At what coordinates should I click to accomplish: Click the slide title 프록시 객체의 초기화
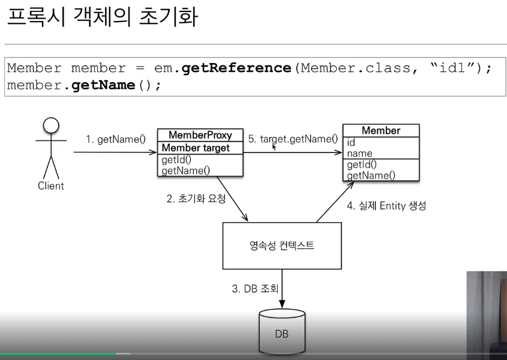click(x=102, y=17)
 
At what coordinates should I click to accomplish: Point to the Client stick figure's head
click(x=51, y=125)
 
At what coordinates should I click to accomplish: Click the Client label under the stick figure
click(x=51, y=186)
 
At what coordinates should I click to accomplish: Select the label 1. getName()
click(x=115, y=139)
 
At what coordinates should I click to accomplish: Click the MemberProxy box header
click(x=200, y=135)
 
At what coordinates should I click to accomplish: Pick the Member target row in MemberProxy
click(x=196, y=148)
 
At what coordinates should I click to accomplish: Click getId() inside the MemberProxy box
click(x=176, y=160)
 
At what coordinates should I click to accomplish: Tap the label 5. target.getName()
click(x=293, y=139)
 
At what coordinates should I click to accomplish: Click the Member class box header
click(x=380, y=131)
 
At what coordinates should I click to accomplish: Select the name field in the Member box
click(x=360, y=154)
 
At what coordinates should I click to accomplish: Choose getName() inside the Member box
click(x=371, y=175)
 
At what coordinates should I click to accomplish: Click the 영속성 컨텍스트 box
click(x=282, y=245)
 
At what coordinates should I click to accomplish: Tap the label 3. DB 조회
click(x=255, y=289)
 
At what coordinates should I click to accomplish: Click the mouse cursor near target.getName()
click(x=274, y=146)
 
